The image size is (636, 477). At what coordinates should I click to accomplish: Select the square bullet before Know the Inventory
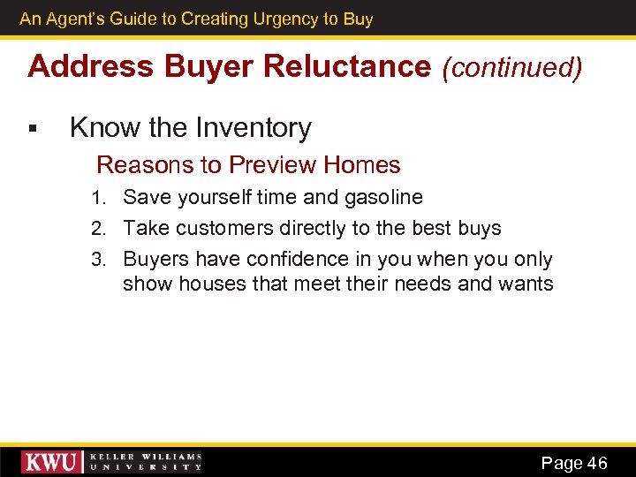(32, 130)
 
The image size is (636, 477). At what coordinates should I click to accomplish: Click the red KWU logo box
(52, 462)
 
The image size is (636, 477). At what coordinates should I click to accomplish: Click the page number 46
(597, 463)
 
